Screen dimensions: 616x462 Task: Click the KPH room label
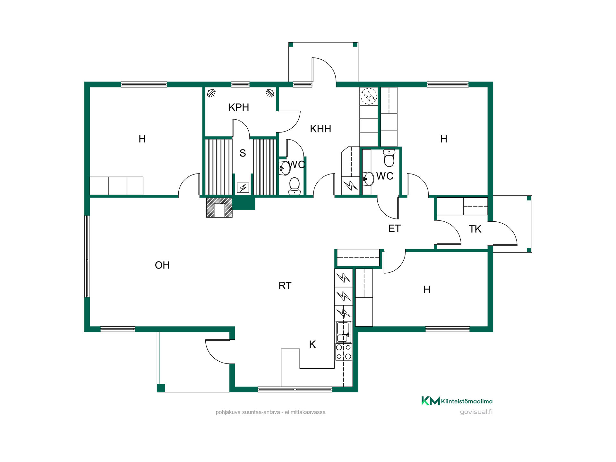pos(239,107)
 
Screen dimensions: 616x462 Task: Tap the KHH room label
pos(321,129)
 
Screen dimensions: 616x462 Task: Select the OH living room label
pos(162,265)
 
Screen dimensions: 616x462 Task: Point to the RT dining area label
pos(285,286)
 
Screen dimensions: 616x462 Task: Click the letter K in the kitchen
pos(312,344)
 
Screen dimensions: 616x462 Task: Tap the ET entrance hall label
pos(394,228)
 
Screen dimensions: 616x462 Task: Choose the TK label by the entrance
pos(475,229)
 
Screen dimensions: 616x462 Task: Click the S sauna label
pos(243,153)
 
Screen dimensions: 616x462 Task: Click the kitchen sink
pos(343,332)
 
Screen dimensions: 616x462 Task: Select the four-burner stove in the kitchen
pos(344,352)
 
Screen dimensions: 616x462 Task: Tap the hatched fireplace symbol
pos(219,208)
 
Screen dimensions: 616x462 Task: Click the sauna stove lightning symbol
pos(243,188)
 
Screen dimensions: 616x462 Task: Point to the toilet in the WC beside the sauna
pos(295,186)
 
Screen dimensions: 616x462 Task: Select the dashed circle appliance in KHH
pos(369,96)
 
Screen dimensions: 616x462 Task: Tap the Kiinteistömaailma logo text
pos(466,401)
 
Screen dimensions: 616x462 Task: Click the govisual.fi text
pos(476,412)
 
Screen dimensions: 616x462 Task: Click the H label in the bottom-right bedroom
pos(427,289)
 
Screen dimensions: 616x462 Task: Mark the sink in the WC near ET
pos(369,179)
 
